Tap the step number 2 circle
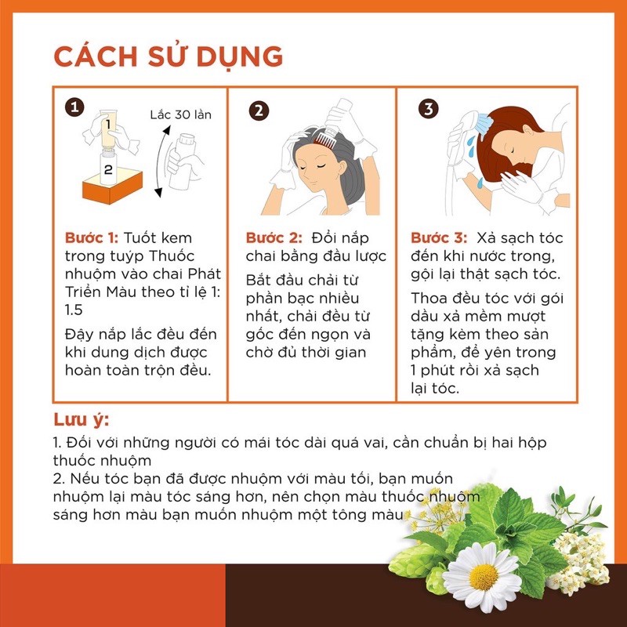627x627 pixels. (259, 111)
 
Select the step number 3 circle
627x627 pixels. (428, 109)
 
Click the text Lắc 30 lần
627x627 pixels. (180, 114)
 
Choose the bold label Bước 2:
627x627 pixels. (273, 237)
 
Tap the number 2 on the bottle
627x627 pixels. (109, 168)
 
